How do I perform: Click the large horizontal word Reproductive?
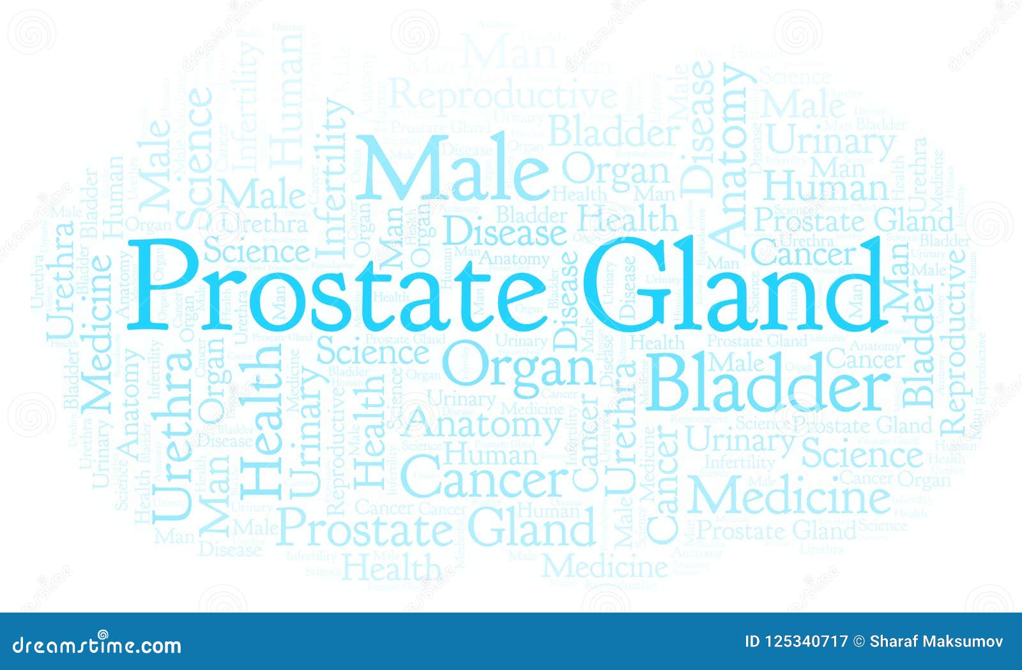[x=503, y=96]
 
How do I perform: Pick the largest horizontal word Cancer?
[x=485, y=479]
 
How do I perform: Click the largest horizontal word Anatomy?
[x=482, y=424]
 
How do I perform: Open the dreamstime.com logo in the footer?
[x=97, y=645]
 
